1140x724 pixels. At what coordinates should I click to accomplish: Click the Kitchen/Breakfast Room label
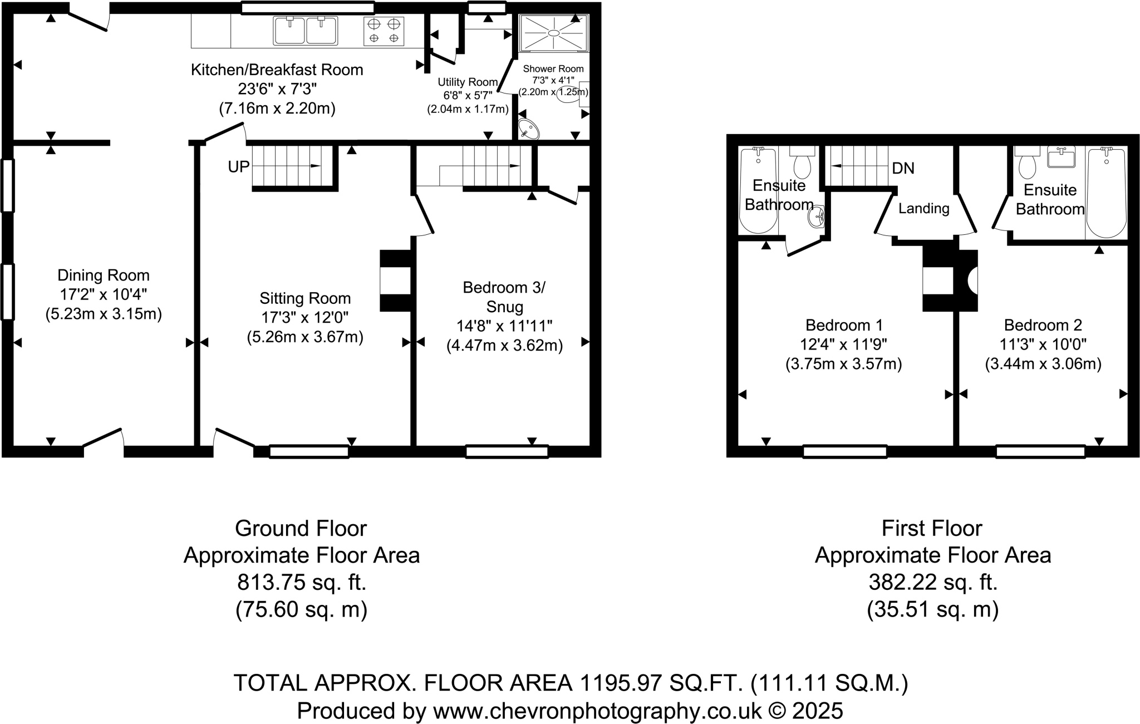(277, 70)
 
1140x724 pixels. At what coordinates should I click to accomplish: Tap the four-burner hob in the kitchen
(384, 31)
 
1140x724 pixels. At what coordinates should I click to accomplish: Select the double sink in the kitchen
(306, 31)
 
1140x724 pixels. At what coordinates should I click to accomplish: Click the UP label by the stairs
(239, 166)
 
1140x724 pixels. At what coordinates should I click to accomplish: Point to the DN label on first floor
(903, 168)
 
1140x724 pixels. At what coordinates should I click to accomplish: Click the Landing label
(924, 209)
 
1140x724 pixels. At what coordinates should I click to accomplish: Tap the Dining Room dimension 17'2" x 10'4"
(104, 295)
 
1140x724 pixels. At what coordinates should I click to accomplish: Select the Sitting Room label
(305, 298)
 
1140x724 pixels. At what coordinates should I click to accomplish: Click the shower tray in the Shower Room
(554, 33)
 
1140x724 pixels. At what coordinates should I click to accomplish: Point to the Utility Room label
(468, 82)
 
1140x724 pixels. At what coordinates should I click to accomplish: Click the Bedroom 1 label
(844, 325)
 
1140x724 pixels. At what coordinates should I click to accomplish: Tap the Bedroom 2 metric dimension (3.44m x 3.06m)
(1043, 364)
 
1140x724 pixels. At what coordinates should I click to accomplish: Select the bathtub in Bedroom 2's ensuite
(1106, 193)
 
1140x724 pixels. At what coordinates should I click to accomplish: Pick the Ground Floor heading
(301, 528)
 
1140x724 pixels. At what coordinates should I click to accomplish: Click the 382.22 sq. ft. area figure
(933, 583)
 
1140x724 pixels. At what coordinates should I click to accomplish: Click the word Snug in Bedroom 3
(504, 307)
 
